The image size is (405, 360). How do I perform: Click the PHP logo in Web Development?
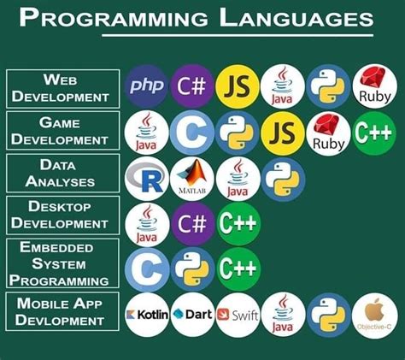pos(147,86)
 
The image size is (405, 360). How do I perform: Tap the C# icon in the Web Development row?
pos(191,86)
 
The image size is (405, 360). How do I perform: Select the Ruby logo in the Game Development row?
pos(328,133)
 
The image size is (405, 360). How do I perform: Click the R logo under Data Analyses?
pos(147,179)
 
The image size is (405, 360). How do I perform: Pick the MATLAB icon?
pos(192,179)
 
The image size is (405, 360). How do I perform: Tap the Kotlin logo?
pos(147,315)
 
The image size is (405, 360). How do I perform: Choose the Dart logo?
pos(192,315)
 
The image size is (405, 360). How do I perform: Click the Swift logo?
pos(238,315)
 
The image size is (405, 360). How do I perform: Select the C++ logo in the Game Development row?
pos(374,133)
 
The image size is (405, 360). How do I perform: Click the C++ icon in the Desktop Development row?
pos(238,223)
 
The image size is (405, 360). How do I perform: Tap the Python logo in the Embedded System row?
pos(192,269)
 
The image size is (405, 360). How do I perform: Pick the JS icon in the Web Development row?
pos(238,86)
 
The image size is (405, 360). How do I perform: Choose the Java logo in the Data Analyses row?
pos(238,179)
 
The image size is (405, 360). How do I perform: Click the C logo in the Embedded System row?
pos(147,269)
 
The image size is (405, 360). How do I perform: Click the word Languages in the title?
pos(296,18)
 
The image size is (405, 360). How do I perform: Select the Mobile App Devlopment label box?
pos(62,311)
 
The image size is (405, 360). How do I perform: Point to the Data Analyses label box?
pos(62,174)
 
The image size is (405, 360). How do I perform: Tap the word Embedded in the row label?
pos(56,247)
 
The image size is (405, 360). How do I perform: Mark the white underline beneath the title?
pos(238,36)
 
